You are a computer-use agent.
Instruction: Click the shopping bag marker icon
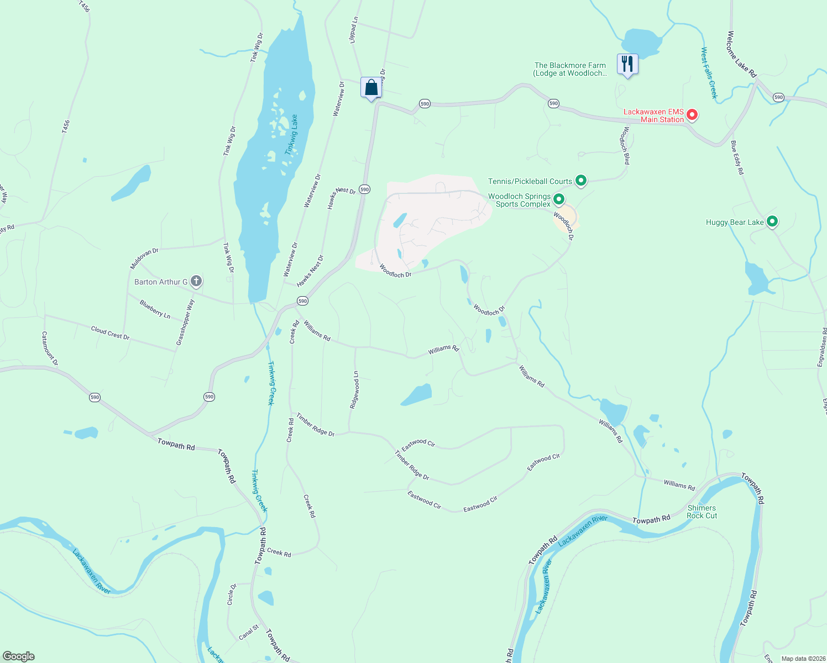pyautogui.click(x=371, y=88)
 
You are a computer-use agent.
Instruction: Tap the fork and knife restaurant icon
pyautogui.click(x=627, y=64)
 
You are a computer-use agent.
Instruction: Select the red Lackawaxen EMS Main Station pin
pyautogui.click(x=692, y=115)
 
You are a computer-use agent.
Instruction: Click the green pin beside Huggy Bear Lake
pyautogui.click(x=772, y=222)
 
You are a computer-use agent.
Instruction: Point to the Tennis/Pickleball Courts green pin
pyautogui.click(x=580, y=180)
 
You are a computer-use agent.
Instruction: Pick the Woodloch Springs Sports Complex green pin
pyautogui.click(x=558, y=199)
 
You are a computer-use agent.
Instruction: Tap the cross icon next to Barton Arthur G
pyautogui.click(x=196, y=281)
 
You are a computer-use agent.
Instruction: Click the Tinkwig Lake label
pyautogui.click(x=291, y=134)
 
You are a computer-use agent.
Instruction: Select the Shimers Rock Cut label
pyautogui.click(x=702, y=512)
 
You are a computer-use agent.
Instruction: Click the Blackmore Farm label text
pyautogui.click(x=570, y=69)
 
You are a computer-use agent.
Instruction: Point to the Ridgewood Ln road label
pyautogui.click(x=355, y=390)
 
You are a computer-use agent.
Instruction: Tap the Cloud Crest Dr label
pyautogui.click(x=110, y=333)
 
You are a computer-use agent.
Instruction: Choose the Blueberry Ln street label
pyautogui.click(x=155, y=309)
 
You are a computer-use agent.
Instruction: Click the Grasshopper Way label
pyautogui.click(x=186, y=323)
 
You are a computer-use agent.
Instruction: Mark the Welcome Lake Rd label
pyautogui.click(x=741, y=53)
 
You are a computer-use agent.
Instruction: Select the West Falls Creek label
pyautogui.click(x=709, y=73)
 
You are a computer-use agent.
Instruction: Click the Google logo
pyautogui.click(x=19, y=656)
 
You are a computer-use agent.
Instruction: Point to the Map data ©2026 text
pyautogui.click(x=802, y=659)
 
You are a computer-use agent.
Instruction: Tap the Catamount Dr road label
pyautogui.click(x=50, y=348)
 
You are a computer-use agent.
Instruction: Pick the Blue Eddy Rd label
pyautogui.click(x=737, y=157)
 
